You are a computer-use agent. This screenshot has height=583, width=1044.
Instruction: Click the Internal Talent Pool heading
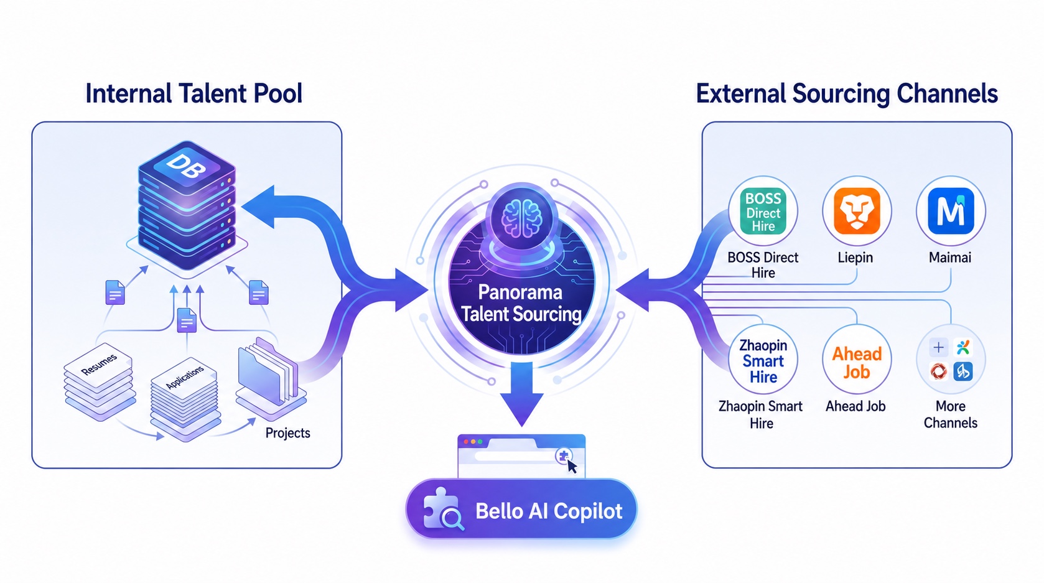click(x=194, y=94)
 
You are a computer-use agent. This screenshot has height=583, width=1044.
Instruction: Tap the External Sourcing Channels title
click(x=846, y=94)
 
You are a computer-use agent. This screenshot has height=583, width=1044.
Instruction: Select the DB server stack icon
click(x=187, y=205)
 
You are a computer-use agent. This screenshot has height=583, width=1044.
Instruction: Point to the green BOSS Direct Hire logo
click(x=763, y=211)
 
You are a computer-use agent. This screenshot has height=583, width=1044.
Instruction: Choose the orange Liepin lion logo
click(x=857, y=211)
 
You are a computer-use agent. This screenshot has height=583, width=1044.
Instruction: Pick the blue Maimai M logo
click(x=951, y=211)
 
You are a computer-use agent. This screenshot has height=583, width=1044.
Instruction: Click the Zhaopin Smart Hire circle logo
click(x=763, y=360)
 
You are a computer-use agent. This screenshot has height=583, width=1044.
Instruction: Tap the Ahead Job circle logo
click(x=857, y=360)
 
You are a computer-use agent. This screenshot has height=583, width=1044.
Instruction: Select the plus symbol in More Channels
click(x=938, y=347)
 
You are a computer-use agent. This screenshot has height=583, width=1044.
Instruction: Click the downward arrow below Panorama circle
click(x=521, y=394)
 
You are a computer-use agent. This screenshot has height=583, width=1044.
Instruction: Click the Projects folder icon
click(x=269, y=378)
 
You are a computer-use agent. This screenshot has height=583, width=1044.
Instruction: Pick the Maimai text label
click(x=950, y=257)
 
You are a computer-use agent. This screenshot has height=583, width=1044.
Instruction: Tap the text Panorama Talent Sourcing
click(x=521, y=303)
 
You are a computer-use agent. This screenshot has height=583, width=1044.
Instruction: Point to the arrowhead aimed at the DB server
click(x=259, y=207)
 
